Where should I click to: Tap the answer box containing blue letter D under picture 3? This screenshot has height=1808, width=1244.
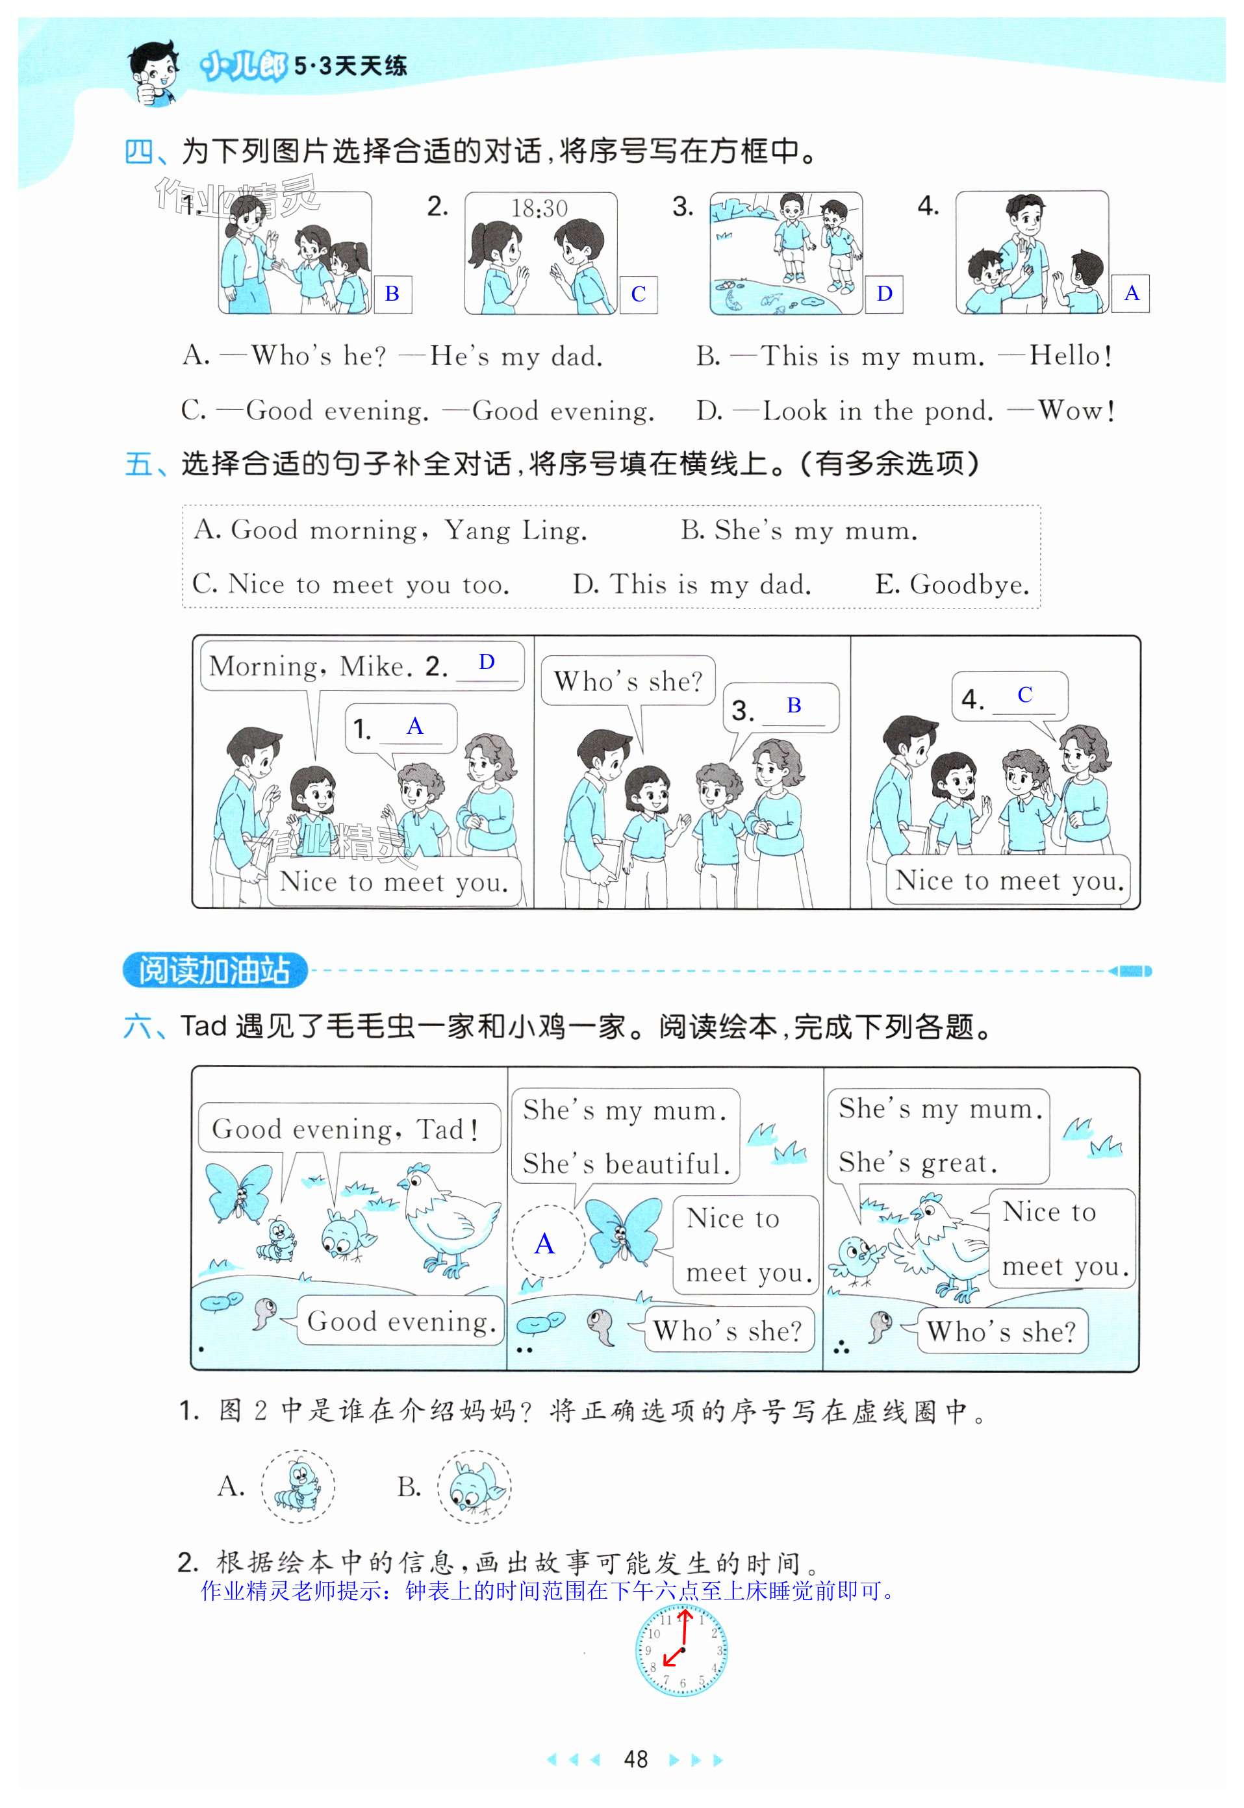[x=884, y=294]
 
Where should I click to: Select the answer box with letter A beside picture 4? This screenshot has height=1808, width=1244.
[x=1131, y=293]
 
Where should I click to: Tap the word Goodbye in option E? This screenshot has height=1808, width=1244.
[x=970, y=584]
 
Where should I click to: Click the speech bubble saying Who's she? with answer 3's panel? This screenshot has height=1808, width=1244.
[x=628, y=681]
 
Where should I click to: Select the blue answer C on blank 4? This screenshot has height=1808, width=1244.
[x=1025, y=694]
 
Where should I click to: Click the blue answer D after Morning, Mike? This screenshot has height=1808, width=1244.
[x=487, y=662]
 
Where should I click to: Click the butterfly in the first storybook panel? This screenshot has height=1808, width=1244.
[x=238, y=1194]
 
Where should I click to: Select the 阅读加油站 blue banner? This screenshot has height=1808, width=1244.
[x=215, y=970]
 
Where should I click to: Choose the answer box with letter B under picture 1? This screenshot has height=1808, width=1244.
[x=392, y=294]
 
